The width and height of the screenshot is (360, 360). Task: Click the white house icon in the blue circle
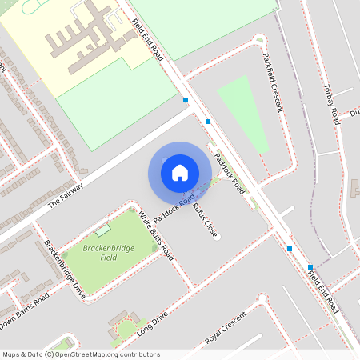click(x=180, y=172)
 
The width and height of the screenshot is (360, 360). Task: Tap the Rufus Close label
click(x=205, y=219)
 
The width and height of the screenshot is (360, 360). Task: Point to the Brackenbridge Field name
click(x=107, y=252)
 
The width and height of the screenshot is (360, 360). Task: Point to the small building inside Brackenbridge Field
click(x=102, y=230)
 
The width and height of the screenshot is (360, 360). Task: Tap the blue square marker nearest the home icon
click(x=208, y=122)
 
